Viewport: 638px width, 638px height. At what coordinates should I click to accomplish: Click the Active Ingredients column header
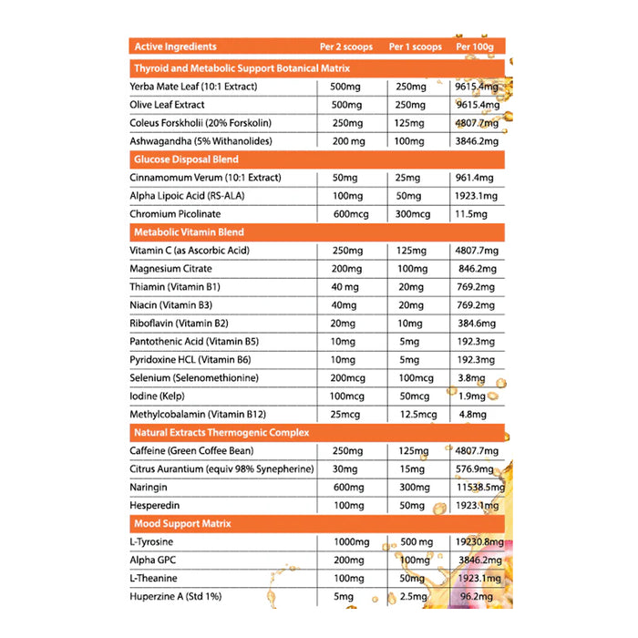(x=175, y=46)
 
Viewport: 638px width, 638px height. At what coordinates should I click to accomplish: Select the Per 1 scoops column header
(x=416, y=46)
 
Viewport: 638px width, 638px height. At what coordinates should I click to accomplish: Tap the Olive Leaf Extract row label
(x=168, y=105)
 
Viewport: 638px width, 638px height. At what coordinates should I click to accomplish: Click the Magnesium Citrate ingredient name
(x=171, y=269)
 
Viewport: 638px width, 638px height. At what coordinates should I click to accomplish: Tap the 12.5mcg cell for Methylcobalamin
(x=412, y=415)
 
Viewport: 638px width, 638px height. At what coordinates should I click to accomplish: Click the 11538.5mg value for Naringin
(x=478, y=488)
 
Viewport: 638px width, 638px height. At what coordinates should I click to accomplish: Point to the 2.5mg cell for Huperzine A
(x=408, y=597)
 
